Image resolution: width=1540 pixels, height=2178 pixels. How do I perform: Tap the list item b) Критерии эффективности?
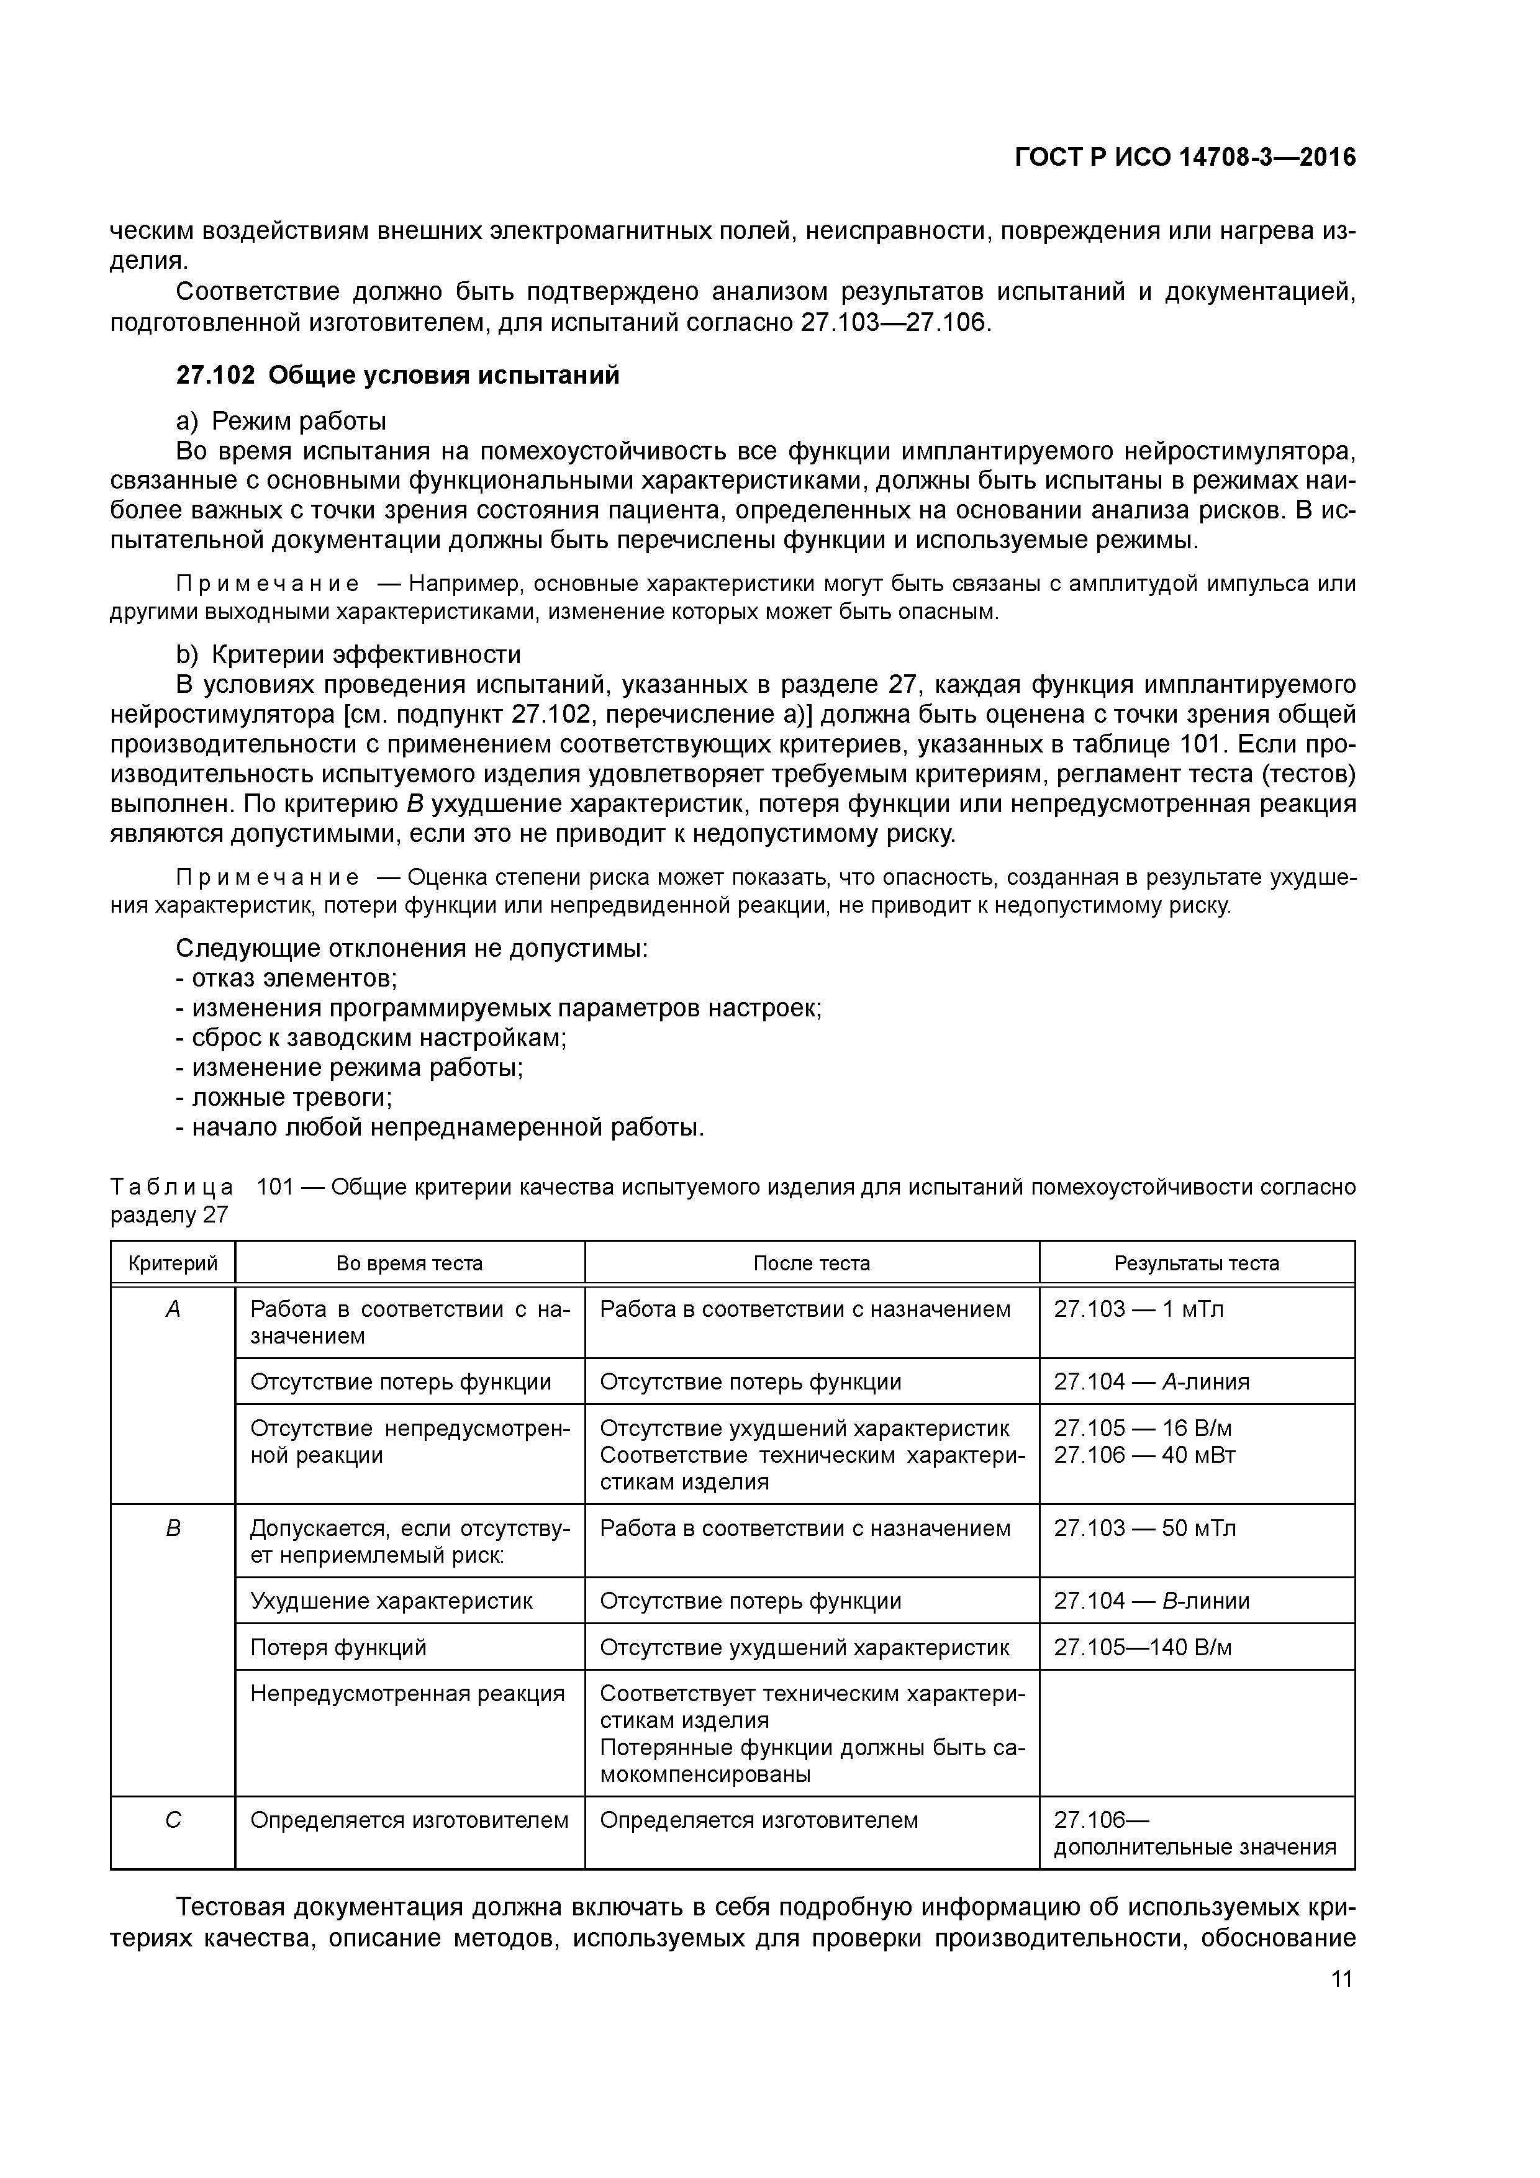(348, 654)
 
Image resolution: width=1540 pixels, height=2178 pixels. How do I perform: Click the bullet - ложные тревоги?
(284, 1098)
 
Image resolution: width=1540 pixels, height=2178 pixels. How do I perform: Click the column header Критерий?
(173, 1263)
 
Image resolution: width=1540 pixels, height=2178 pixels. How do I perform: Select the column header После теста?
(811, 1263)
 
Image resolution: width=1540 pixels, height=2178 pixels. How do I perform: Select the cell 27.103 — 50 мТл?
(1144, 1528)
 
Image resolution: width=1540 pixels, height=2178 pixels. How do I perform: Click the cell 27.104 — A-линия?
(1151, 1382)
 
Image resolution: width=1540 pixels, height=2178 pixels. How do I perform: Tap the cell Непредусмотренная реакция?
(407, 1693)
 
